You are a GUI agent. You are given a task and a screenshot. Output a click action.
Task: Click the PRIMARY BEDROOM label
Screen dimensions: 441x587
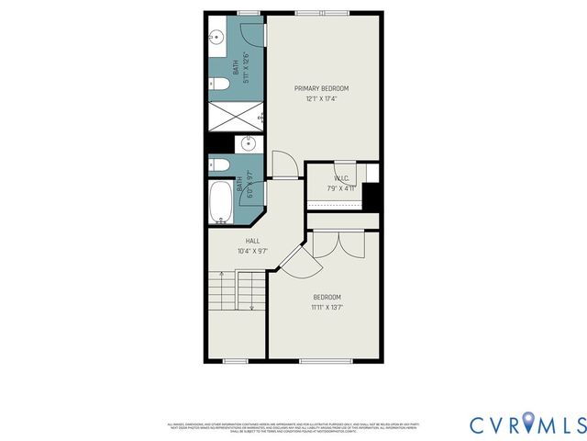point(321,88)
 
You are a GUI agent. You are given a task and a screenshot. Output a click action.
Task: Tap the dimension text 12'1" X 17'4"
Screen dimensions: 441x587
point(321,98)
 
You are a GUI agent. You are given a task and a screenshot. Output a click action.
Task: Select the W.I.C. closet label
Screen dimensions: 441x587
point(341,178)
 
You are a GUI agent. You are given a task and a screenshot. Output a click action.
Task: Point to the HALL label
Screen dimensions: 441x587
point(239,241)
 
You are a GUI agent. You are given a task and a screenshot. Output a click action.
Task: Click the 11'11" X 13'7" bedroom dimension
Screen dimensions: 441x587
point(327,307)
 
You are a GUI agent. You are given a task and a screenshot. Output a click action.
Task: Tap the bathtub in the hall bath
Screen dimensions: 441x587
point(220,202)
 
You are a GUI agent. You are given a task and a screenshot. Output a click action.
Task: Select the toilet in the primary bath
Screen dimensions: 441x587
point(219,85)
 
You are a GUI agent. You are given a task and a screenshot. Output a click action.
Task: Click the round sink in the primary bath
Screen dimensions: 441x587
point(216,38)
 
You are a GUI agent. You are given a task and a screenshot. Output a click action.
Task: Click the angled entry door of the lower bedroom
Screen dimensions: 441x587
point(297,261)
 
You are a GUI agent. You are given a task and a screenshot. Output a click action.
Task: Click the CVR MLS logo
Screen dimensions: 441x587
point(526,424)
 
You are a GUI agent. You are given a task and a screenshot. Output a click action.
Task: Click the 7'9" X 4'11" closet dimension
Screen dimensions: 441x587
point(341,188)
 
